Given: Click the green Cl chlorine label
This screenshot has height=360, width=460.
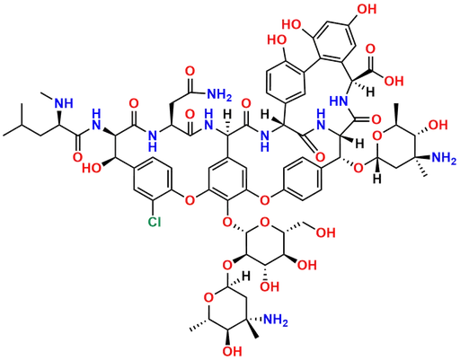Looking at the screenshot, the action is tap(155, 222).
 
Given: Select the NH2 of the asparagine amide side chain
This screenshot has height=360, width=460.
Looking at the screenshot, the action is tap(219, 94).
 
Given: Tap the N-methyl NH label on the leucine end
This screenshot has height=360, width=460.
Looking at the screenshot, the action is tap(64, 103).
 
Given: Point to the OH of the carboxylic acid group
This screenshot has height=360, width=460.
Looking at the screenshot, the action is tap(394, 81).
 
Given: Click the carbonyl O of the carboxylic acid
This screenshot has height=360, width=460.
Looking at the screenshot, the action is tap(371, 49).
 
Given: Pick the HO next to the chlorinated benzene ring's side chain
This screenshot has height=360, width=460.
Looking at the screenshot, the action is tap(92, 168).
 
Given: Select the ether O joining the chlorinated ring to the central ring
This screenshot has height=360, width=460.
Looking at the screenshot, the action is tap(190, 199).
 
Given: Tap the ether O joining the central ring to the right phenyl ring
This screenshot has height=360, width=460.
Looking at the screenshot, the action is tap(264, 199).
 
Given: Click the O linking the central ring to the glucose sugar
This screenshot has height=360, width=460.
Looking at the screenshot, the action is tap(227, 222).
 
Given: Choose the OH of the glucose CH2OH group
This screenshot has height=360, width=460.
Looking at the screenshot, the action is tap(326, 233).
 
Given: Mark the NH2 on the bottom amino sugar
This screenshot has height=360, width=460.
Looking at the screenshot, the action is tap(276, 320).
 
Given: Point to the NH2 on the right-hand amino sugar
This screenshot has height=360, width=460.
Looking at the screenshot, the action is tap(444, 158).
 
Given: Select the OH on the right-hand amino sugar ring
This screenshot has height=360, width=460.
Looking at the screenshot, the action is tap(438, 125).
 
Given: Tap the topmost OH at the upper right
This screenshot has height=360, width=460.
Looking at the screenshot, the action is tap(367, 9).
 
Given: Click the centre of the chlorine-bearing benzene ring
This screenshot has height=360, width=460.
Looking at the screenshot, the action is tap(153, 179).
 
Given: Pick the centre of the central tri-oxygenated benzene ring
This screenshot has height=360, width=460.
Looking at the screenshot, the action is tap(227, 179).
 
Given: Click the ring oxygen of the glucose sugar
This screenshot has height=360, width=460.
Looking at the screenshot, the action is tap(264, 222).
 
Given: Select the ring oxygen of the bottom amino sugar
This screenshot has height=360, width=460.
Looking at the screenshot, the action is tap(208, 298).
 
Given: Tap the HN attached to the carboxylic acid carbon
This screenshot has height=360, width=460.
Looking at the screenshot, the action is tap(339, 101).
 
